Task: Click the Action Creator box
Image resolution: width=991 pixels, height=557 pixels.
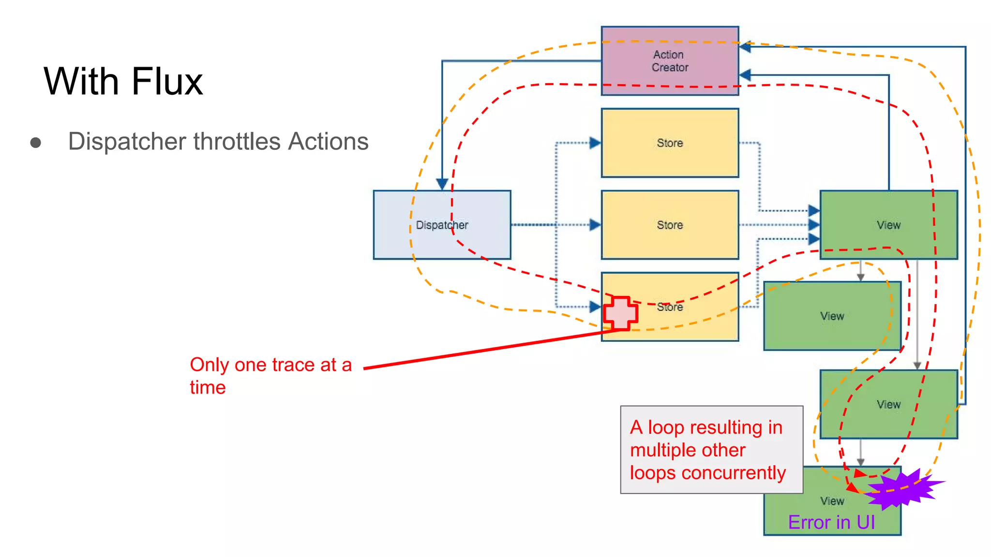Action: [x=670, y=61]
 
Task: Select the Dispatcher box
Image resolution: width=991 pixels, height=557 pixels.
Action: [x=441, y=225]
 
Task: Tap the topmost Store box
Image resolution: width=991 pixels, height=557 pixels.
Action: [x=670, y=143]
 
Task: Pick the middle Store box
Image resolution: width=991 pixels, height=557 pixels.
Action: [x=670, y=225]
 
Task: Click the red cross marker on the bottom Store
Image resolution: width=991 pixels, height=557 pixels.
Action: [x=620, y=313]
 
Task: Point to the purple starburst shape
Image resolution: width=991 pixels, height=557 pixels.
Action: [x=901, y=489]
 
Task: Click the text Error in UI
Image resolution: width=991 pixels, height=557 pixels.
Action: [x=831, y=522]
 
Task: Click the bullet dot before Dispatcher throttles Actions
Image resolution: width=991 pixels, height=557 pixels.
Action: [x=35, y=143]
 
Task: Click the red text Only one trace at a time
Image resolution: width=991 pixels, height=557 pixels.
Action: [x=270, y=375]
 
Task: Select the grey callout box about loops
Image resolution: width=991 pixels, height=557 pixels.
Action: [x=711, y=449]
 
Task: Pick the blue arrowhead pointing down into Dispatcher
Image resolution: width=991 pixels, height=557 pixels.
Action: [x=442, y=184]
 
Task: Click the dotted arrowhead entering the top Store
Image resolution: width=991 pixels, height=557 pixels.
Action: [x=595, y=143]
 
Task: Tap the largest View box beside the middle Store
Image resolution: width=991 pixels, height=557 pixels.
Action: [x=888, y=225]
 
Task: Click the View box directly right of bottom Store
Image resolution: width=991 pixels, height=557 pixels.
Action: [x=832, y=316]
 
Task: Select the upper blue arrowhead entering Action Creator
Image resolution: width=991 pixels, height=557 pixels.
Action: [x=745, y=47]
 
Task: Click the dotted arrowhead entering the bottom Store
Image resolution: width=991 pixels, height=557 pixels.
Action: [x=595, y=307]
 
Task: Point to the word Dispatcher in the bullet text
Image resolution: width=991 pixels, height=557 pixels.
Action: [x=127, y=142]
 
